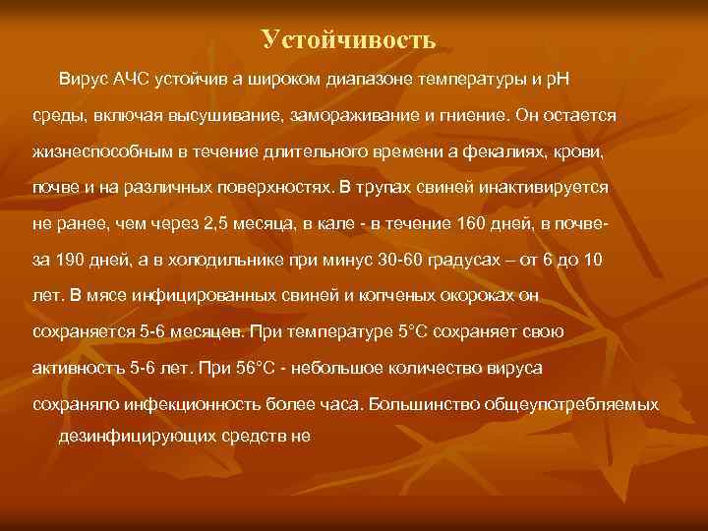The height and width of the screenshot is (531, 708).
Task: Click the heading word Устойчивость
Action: click(x=348, y=39)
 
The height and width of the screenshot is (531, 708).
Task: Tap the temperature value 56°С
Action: click(x=264, y=368)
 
